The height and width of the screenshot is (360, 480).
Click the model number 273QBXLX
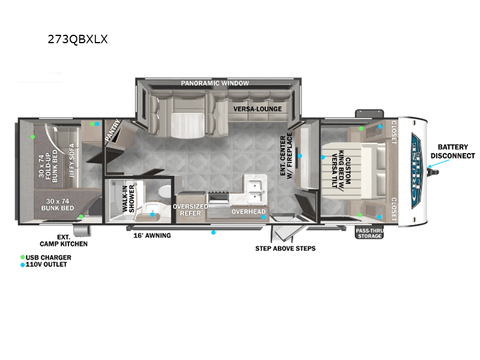click(78, 39)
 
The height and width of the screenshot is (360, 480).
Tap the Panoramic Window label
click(215, 83)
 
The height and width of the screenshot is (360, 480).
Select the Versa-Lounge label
click(257, 109)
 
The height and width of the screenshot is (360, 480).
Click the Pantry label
click(113, 130)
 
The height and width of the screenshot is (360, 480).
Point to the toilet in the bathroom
click(166, 192)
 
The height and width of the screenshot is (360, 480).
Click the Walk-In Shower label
click(128, 199)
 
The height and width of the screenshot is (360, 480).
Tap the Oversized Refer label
click(190, 210)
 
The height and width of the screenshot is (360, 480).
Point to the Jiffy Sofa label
click(72, 160)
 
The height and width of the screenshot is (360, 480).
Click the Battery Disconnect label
click(453, 152)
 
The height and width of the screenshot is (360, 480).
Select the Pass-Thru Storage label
click(370, 233)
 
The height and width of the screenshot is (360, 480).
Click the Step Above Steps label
click(286, 248)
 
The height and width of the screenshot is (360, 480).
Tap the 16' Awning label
click(152, 236)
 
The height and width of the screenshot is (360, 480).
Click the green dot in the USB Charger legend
click(22, 257)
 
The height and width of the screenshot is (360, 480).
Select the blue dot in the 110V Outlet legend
click(22, 265)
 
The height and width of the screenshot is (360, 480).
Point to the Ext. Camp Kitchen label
click(64, 241)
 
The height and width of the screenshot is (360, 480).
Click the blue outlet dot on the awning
click(214, 233)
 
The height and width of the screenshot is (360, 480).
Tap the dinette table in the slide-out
click(187, 125)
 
